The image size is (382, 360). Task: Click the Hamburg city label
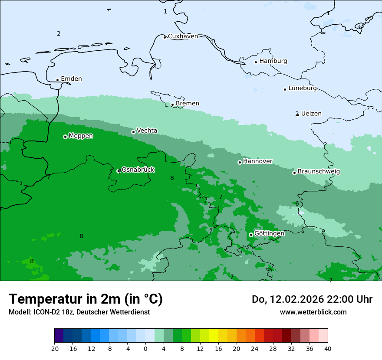273,61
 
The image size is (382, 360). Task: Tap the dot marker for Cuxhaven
165,37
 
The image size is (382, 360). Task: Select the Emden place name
71,79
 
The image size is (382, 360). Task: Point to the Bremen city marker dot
172,105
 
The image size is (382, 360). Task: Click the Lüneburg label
302,88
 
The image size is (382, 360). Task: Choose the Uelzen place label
311,114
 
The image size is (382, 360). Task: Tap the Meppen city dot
65,137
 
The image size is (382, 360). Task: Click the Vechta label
147,131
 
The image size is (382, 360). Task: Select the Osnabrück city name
138,170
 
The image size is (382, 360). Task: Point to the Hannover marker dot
240,162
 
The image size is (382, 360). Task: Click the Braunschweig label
319,171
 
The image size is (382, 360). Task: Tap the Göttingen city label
269,233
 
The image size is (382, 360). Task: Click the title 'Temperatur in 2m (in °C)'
86,299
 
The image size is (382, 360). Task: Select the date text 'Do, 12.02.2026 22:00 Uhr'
312,299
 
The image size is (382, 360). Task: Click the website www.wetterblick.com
313,312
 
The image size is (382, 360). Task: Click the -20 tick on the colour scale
54,349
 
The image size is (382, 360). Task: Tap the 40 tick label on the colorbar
328,349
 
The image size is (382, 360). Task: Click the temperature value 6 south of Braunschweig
297,203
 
